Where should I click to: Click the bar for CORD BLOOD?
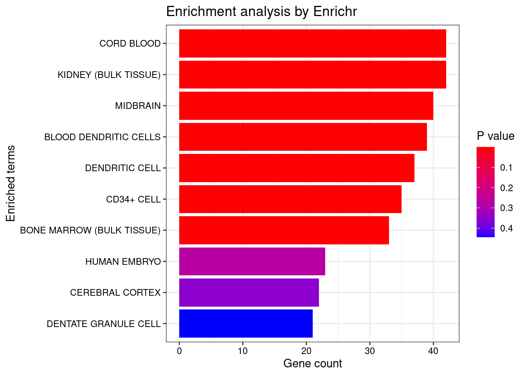[312, 43]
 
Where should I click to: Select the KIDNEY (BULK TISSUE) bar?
[312, 74]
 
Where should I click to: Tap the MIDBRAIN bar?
[306, 106]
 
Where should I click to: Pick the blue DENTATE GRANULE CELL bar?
[246, 324]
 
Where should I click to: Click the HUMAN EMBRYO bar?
[252, 261]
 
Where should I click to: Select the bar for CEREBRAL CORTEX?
[249, 293]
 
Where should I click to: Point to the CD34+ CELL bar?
[290, 199]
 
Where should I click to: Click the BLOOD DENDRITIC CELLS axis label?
[103, 137]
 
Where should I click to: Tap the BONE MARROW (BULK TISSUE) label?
[90, 230]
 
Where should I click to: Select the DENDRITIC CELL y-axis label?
[123, 168]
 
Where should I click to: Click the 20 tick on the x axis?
[306, 351]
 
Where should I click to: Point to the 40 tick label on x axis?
[433, 351]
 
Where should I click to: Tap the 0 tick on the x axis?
[179, 351]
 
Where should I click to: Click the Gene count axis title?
[312, 363]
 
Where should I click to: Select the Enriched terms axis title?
[11, 183]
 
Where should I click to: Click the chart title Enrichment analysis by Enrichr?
[261, 12]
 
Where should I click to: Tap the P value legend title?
[495, 136]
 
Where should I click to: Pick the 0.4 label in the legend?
[506, 228]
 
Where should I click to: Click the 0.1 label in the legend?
[506, 168]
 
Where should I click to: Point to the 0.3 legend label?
[506, 208]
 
